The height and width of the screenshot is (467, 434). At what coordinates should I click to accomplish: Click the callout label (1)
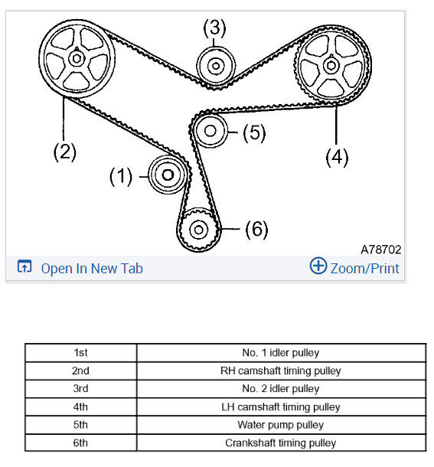[121, 177]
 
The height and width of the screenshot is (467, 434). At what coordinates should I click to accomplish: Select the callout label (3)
[215, 29]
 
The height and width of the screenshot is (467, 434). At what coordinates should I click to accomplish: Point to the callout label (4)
[337, 157]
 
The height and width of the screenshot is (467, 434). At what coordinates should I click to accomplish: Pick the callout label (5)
[253, 132]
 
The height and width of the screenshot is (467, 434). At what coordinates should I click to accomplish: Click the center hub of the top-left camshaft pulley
[77, 57]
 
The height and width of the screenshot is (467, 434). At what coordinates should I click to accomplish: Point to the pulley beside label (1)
[166, 175]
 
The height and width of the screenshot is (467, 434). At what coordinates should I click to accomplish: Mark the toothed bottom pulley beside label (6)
[199, 229]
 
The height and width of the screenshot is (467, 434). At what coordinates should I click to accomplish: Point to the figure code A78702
[380, 250]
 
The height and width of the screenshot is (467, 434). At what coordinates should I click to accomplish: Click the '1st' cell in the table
[80, 353]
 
